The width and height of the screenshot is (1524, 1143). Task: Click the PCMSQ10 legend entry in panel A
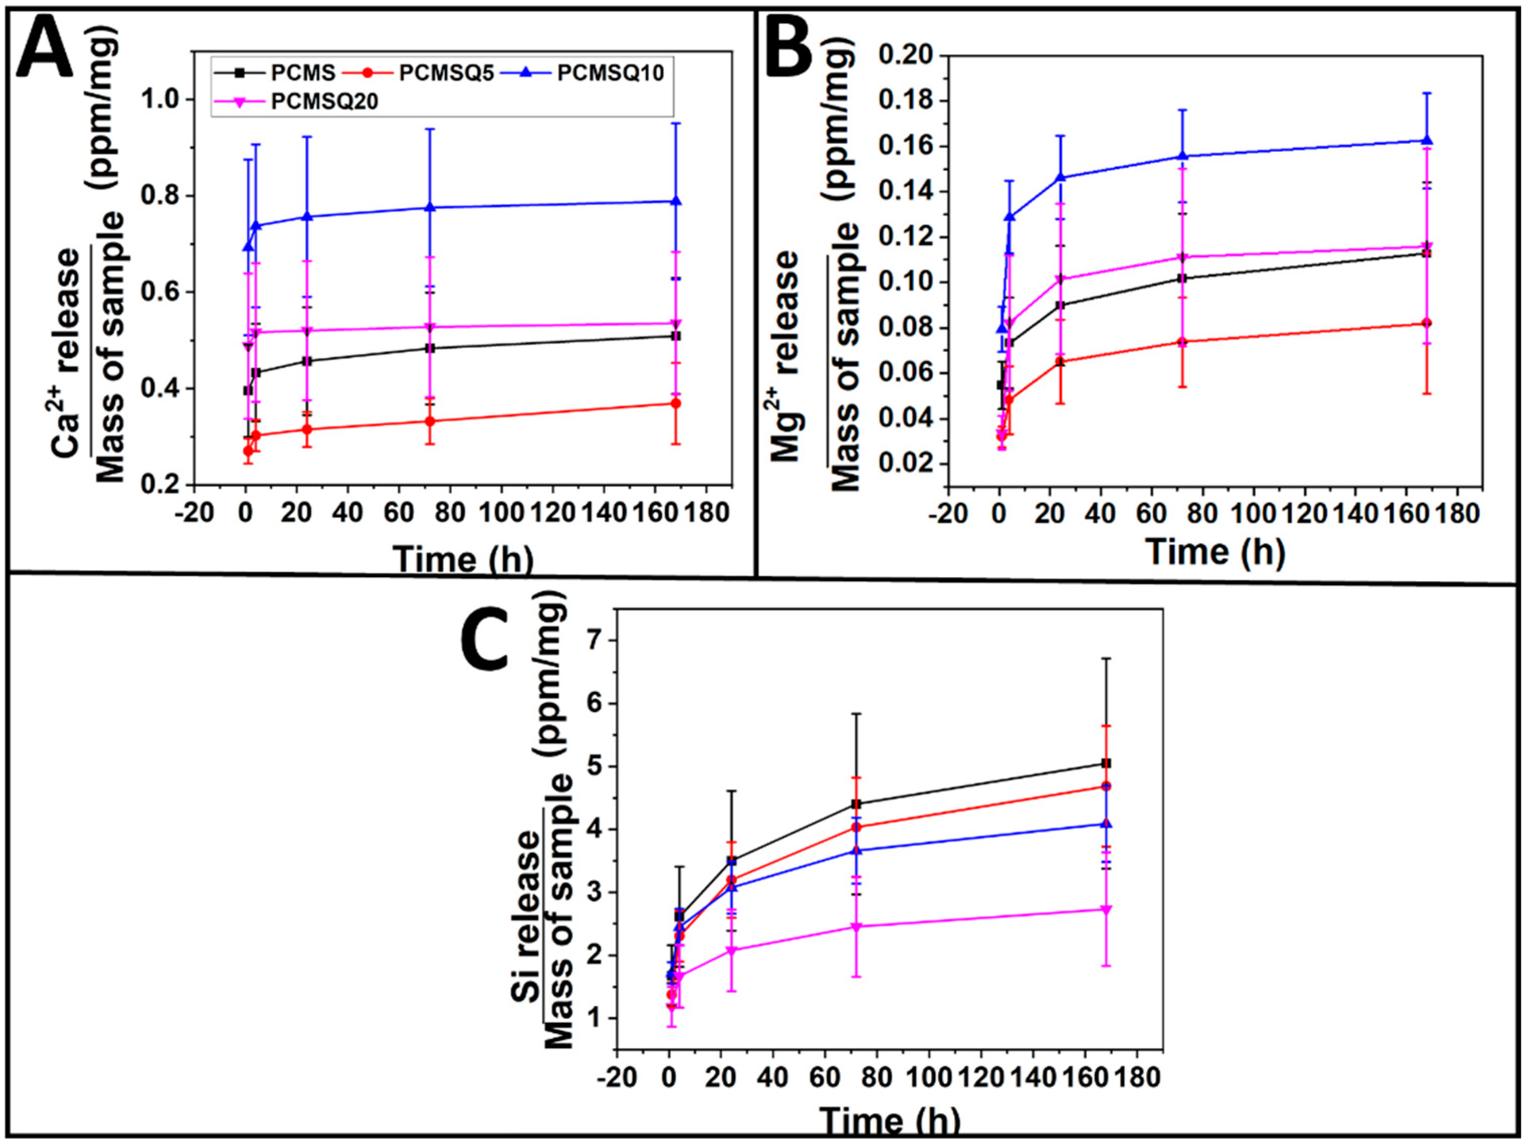610,72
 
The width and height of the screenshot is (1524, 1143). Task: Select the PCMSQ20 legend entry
324,101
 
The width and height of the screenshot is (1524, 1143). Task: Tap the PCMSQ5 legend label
447,72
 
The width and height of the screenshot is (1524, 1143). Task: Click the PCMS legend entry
303,72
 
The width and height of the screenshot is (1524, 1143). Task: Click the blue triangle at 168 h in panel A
676,200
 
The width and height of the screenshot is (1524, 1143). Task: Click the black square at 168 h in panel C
1107,763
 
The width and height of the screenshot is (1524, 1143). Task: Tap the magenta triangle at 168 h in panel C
1107,909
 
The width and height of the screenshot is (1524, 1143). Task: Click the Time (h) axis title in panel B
1216,551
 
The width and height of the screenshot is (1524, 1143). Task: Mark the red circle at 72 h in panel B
1182,342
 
